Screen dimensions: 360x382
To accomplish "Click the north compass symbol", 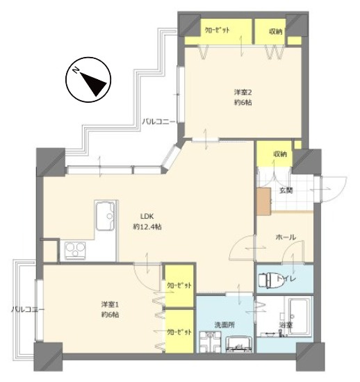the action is (x=88, y=80).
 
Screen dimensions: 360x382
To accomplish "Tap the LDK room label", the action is (x=147, y=216).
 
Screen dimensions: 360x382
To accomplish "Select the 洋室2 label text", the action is (x=243, y=92).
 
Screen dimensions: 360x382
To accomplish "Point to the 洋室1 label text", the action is (x=110, y=304).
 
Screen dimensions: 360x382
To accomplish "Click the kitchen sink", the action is (x=106, y=215).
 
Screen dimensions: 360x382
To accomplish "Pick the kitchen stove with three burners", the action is (x=75, y=250).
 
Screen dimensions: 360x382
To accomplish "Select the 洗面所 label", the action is (x=224, y=325).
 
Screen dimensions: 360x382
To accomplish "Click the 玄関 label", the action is (x=286, y=190).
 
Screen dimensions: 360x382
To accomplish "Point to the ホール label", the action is (x=286, y=237).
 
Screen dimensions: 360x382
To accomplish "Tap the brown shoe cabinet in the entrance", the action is (x=264, y=201).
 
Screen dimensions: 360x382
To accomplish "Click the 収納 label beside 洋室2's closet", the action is (x=276, y=31).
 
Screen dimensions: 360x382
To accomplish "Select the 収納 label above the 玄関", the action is (x=280, y=154).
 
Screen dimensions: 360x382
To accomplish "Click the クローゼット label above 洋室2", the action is (x=217, y=30).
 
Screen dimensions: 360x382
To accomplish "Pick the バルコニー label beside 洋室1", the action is (x=28, y=310).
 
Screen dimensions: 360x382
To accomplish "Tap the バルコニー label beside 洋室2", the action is (x=159, y=122).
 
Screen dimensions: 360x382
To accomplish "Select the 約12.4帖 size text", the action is (x=147, y=227).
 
